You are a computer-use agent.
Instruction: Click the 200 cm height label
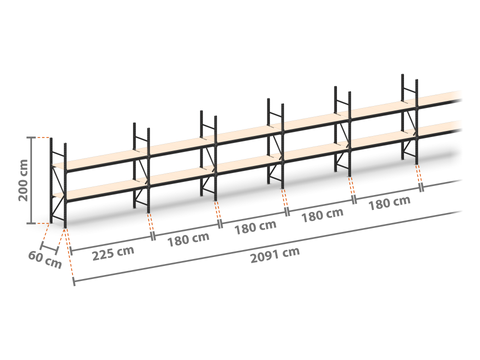pos(23,180)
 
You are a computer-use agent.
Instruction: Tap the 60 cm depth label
pos(45,260)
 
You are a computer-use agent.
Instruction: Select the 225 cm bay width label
pos(113,253)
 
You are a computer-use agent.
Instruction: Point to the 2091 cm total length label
pos(275,255)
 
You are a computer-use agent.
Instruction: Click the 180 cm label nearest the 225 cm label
pos(188,239)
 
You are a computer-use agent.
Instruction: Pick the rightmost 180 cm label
pos(389,203)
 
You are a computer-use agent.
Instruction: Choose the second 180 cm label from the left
pos(255,227)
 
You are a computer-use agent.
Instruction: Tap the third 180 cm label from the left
pos(322,215)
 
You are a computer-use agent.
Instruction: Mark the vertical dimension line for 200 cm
pos(32,180)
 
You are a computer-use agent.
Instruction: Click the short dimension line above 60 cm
pos(49,249)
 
